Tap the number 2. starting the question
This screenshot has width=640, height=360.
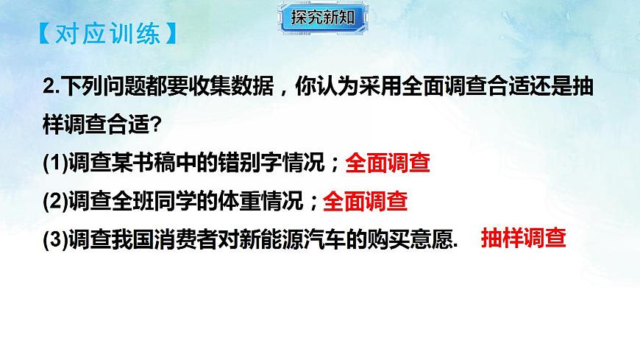click(x=52, y=87)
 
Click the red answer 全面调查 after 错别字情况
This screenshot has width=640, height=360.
click(x=387, y=163)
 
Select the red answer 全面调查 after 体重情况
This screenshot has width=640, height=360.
click(x=366, y=201)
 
